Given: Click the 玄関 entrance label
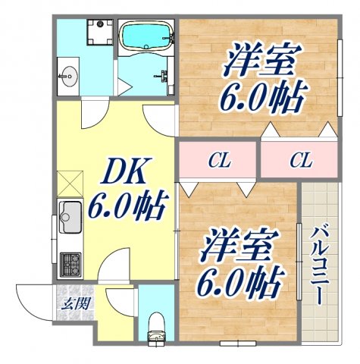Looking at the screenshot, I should tap(73, 305).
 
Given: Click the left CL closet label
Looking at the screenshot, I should tap(220, 160).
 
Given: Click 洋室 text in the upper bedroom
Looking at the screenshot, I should tap(262, 61).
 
